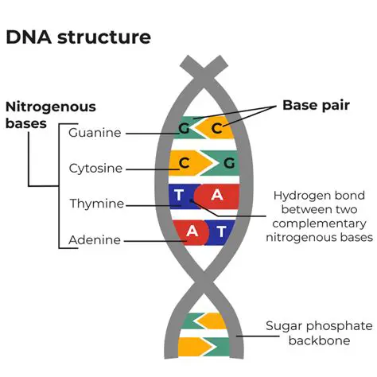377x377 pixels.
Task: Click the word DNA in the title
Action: coord(28,37)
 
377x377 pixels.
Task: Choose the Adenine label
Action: coord(95,239)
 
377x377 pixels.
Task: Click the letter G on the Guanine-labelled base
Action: coord(184,128)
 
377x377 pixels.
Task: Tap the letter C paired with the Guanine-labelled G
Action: coord(216,128)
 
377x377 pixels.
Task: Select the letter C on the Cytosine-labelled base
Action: coord(183,163)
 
